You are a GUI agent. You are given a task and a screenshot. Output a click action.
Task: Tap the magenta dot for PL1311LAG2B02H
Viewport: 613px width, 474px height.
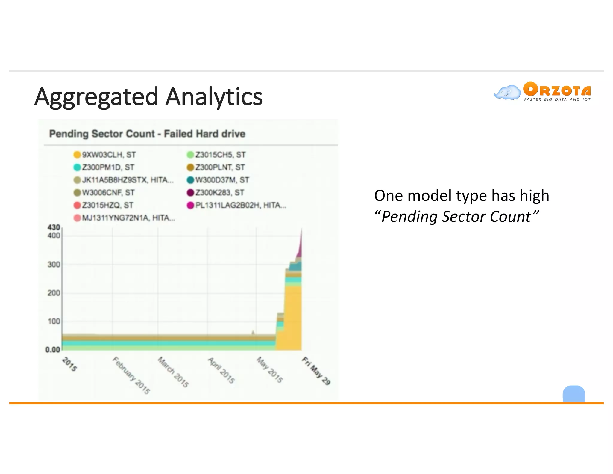coord(190,206)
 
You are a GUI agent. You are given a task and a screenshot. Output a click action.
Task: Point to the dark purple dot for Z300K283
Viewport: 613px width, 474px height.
coord(190,193)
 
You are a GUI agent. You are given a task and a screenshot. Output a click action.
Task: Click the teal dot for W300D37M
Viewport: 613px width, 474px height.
coord(190,180)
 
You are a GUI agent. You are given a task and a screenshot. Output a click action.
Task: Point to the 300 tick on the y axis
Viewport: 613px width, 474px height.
coord(54,265)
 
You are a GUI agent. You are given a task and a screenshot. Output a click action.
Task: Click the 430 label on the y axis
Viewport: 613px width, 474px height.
coord(54,227)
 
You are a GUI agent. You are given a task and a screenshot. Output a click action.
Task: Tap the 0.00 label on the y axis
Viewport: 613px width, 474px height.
coord(53,350)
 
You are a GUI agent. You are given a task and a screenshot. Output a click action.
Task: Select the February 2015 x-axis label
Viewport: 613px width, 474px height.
coord(131,375)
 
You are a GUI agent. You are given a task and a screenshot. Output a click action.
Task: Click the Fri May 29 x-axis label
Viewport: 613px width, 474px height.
coord(316,371)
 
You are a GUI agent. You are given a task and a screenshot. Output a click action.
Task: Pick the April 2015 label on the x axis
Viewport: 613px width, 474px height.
coord(221,371)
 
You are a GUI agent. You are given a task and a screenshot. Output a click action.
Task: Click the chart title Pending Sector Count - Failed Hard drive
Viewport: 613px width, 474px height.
coord(147,134)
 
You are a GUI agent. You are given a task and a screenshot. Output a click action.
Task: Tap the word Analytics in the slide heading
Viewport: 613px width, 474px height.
coord(214,97)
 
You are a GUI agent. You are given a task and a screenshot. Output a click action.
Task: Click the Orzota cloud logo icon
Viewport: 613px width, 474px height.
coord(507,92)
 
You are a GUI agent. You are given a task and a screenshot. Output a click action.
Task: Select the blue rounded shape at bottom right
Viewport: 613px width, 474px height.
coord(573,394)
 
